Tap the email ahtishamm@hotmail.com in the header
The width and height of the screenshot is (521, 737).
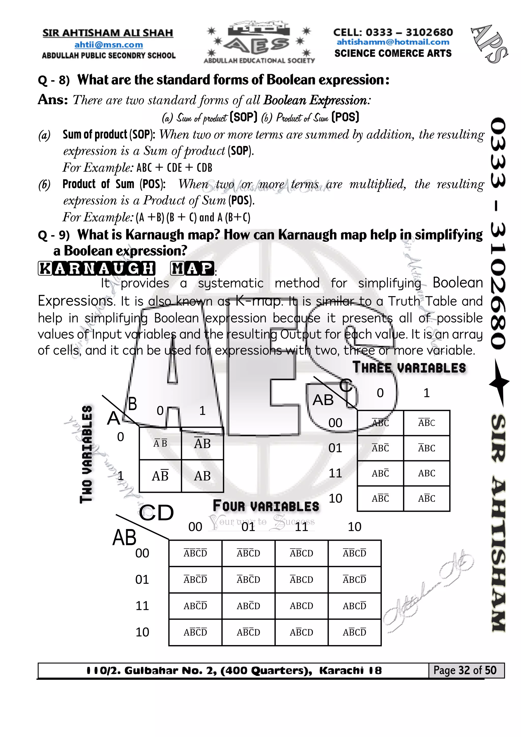[x=393, y=42]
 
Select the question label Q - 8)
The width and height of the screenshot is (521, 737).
[x=54, y=80]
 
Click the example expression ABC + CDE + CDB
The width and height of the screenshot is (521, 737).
[x=174, y=168]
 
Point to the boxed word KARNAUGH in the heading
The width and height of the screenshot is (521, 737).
[x=97, y=268]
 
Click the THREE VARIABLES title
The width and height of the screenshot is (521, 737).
[x=409, y=368]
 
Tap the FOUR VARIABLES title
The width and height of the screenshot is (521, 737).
[x=266, y=506]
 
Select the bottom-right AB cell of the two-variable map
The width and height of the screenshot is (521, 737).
[x=202, y=476]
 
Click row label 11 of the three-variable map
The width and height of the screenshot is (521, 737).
[x=335, y=473]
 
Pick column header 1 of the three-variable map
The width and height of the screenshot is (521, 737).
[x=426, y=393]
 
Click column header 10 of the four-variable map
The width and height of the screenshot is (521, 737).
[x=354, y=527]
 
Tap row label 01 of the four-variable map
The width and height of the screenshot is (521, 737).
[x=142, y=579]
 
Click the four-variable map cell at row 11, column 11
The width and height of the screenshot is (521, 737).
[x=301, y=606]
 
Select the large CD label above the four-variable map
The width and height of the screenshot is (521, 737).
[x=156, y=513]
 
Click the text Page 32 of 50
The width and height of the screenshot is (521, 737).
[x=465, y=670]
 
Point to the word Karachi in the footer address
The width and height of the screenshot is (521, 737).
[x=341, y=671]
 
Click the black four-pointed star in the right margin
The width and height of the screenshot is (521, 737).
[x=499, y=383]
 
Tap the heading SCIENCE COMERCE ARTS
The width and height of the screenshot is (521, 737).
[x=393, y=53]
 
